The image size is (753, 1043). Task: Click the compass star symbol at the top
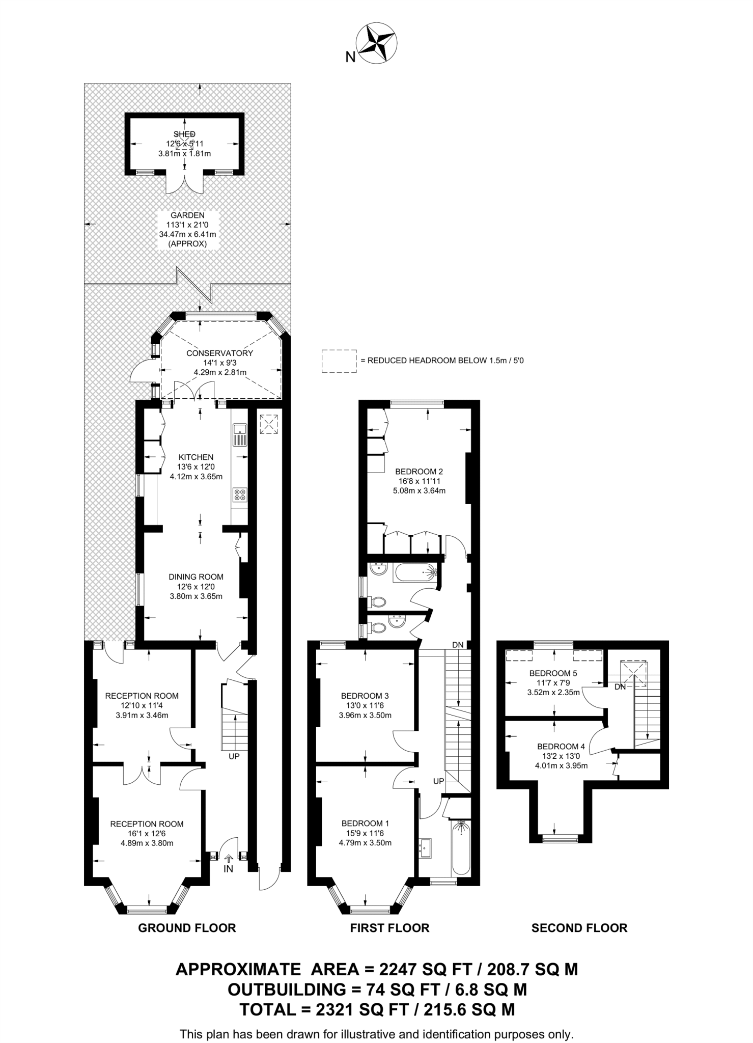[377, 44]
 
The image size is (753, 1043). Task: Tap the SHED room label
[184, 134]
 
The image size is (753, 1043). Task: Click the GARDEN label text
[187, 215]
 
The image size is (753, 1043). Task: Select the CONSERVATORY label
[219, 353]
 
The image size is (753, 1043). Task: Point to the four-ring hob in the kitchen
[239, 495]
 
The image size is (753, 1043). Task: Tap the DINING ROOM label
[196, 577]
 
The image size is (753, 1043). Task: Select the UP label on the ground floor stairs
[234, 756]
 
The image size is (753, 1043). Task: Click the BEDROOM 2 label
[419, 471]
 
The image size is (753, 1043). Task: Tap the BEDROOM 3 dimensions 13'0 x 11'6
[365, 705]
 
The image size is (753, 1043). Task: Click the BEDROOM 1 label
[365, 823]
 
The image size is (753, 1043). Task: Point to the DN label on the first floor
[458, 645]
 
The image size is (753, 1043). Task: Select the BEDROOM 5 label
[553, 673]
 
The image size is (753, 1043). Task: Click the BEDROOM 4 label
[561, 747]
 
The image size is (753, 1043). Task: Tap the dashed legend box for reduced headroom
[339, 361]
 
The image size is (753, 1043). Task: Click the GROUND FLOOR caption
[187, 928]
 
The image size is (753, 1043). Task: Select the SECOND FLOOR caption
[579, 928]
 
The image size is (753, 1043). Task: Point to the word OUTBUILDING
[287, 990]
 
